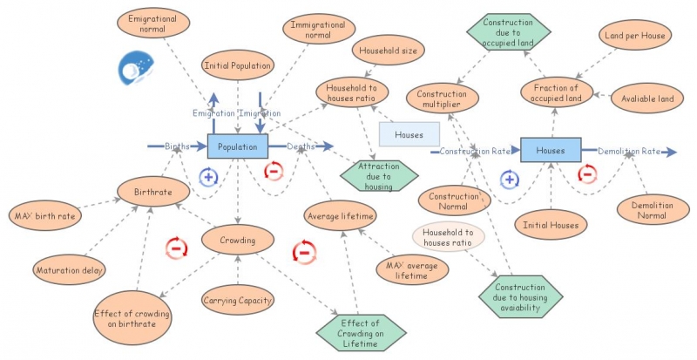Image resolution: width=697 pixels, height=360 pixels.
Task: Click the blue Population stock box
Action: pyautogui.click(x=238, y=147)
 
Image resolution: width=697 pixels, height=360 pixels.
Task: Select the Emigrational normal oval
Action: pyautogui.click(x=152, y=24)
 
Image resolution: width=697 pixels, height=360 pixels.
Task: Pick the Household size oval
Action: pyautogui.click(x=388, y=51)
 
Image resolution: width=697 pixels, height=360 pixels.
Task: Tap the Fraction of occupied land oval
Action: pyautogui.click(x=557, y=93)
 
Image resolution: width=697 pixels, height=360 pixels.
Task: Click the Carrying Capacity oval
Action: pyautogui.click(x=238, y=301)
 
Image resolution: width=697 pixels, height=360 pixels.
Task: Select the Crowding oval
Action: pyautogui.click(x=238, y=239)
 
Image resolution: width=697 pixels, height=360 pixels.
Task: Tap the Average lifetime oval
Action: pyautogui.click(x=341, y=215)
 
